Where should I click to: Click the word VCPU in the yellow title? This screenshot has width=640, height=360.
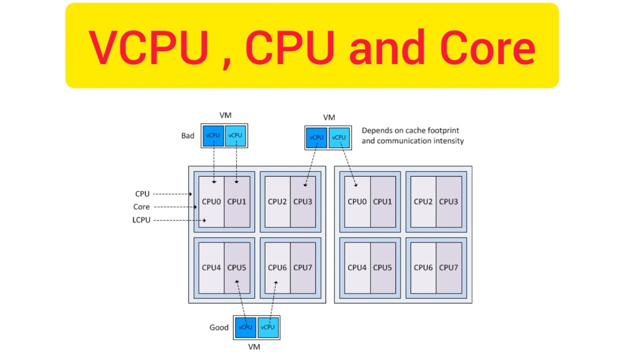148,48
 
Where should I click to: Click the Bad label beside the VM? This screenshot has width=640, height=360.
188,135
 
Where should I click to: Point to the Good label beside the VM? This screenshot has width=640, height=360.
219,327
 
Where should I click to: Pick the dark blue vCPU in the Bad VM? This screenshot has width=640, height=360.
213,135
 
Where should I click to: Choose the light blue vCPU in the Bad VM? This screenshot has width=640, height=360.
235,135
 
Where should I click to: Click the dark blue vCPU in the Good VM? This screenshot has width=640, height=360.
245,327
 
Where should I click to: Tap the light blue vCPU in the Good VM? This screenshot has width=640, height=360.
268,327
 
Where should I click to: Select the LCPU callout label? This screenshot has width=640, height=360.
141,220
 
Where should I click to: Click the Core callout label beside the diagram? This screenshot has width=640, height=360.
141,207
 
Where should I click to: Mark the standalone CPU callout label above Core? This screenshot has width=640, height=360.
142,194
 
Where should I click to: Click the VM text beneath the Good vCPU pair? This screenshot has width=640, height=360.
254,346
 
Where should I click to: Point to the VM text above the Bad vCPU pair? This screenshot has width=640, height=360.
225,115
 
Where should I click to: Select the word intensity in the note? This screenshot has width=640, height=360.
447,140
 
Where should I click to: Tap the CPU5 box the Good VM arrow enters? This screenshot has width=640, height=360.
236,267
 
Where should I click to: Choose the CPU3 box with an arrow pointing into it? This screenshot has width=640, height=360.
302,201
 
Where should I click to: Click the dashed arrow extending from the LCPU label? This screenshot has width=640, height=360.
180,220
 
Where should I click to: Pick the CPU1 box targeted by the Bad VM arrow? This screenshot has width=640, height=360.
236,201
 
